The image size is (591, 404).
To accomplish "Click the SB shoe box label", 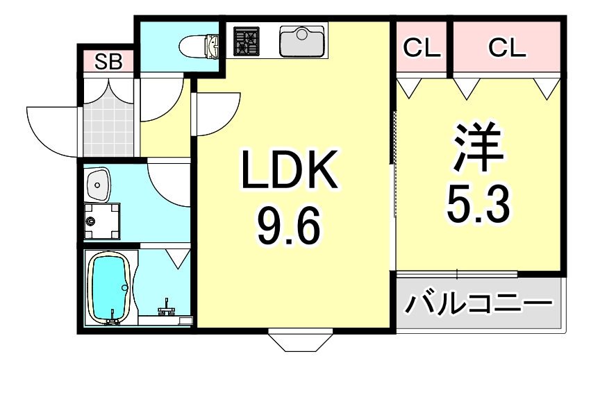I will coord(108,62).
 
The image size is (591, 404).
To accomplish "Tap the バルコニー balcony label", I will coord(479,304).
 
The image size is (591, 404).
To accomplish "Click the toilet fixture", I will coord(199,47).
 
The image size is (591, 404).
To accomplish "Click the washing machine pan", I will coord(101,221).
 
